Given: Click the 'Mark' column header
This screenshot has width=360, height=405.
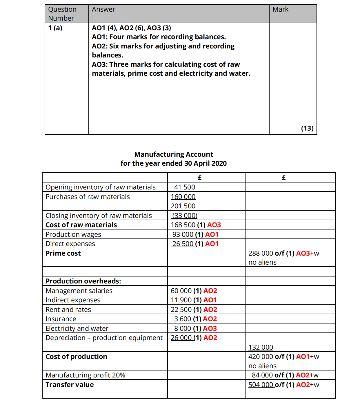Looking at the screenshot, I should point(280,10).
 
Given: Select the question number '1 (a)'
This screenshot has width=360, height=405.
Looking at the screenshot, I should point(55,28).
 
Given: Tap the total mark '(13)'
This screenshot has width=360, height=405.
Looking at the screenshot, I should point(307,128).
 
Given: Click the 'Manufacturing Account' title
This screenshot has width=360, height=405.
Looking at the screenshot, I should point(174,154).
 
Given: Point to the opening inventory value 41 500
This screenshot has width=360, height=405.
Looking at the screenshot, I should point(185,187).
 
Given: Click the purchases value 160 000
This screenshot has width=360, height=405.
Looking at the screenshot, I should point(183,197).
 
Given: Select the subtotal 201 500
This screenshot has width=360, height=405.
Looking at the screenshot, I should point(183,206).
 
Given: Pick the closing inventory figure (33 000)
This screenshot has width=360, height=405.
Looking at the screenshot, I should point(184,216).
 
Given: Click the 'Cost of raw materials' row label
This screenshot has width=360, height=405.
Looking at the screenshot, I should point(81,225).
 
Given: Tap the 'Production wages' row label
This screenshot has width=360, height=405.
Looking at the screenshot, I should point(73,234).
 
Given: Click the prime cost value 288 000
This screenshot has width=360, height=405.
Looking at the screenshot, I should point(261,253).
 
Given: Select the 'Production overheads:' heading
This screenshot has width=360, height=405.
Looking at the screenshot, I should point(83,281).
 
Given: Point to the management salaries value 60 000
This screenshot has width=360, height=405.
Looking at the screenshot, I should point(181,291).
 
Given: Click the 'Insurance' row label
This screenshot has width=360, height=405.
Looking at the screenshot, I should point(61,319).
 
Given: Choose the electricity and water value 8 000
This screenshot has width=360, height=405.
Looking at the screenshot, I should point(183,328).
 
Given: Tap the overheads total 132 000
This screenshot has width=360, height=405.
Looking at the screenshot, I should point(261,347).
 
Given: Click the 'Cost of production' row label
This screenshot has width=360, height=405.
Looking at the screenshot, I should point(76,357).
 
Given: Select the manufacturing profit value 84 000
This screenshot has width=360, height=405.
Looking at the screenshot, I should point(262,375).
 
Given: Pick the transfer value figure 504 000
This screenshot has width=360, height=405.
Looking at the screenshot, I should point(261,385).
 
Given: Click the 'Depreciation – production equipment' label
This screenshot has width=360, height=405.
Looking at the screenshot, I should point(104,338).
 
